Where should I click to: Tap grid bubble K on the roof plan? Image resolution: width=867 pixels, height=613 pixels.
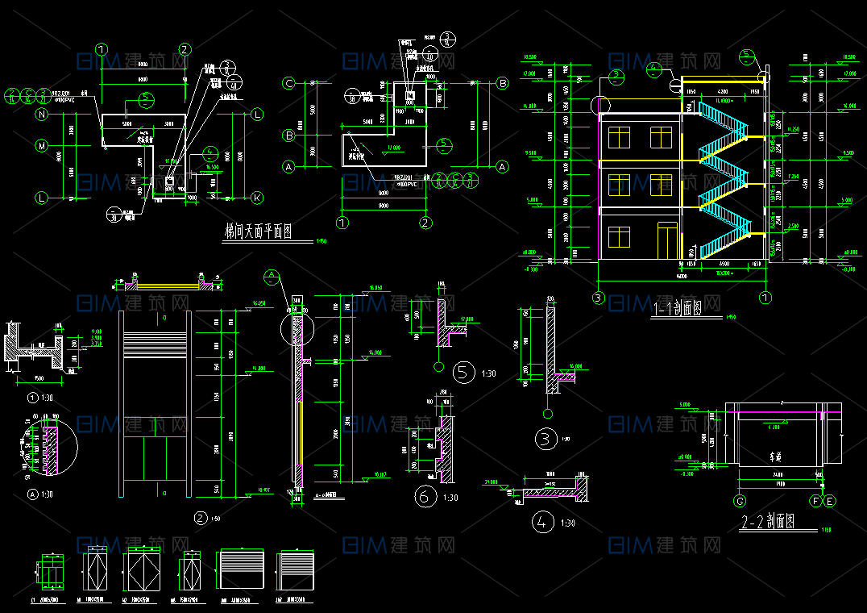(257, 198)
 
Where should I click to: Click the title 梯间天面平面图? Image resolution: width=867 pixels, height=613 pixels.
(257, 232)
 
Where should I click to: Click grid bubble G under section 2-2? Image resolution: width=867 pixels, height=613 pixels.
(740, 501)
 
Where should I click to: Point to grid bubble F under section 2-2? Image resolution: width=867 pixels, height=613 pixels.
(816, 501)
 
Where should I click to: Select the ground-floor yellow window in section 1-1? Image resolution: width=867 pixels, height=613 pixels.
(619, 237)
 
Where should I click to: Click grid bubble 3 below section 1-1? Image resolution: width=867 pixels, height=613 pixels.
(599, 298)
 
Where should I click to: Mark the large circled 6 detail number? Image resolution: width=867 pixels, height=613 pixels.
(424, 497)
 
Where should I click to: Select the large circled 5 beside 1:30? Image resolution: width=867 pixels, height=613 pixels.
(463, 372)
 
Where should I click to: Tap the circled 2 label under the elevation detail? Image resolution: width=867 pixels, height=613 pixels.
(201, 518)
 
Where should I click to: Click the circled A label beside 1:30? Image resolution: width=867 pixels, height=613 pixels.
(32, 494)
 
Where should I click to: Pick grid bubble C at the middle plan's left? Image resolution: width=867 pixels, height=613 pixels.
(288, 83)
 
